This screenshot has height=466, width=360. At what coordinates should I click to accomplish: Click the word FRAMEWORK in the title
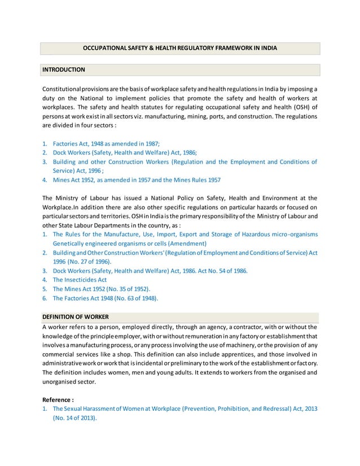(x=229, y=49)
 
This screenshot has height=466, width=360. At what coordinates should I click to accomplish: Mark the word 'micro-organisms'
(x=292, y=234)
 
